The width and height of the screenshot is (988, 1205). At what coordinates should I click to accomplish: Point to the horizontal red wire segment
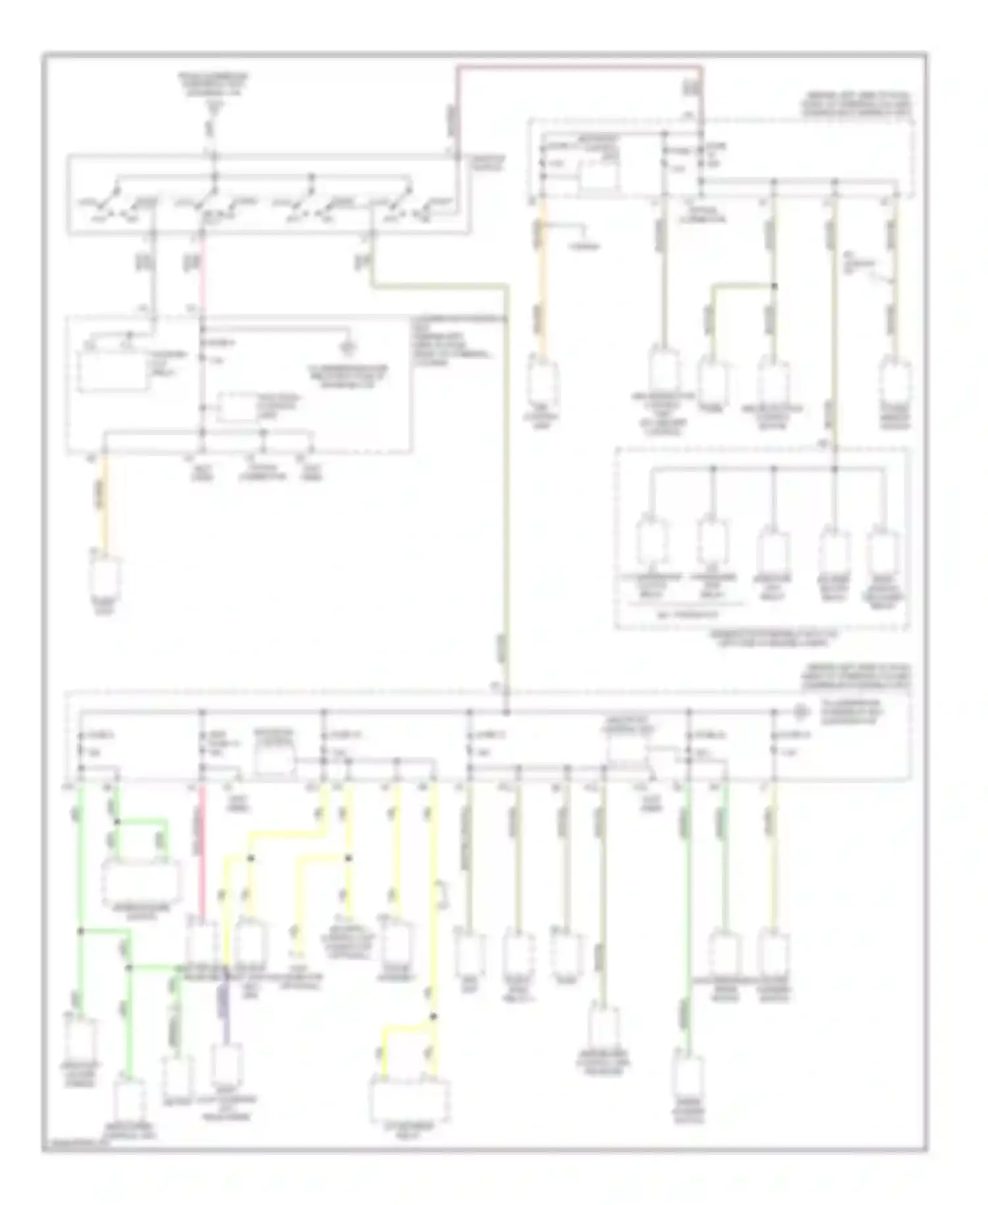580,67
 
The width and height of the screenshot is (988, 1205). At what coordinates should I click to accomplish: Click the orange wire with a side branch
542,277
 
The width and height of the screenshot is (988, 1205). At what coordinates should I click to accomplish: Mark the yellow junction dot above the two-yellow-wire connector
433,1016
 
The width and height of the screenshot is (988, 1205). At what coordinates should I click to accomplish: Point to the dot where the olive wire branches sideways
774,286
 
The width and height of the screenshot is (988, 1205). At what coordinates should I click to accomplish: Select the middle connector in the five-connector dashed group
773,552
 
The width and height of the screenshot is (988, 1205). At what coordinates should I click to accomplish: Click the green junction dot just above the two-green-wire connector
116,822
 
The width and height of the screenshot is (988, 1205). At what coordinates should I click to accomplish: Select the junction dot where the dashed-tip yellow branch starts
348,858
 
